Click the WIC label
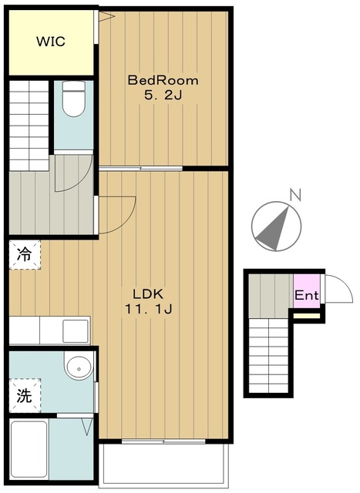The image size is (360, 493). (x=50, y=42)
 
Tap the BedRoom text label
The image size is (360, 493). (x=163, y=80)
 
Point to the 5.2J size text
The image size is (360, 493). (x=163, y=96)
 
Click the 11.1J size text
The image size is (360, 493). (x=149, y=310)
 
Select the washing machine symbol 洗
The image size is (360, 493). (x=25, y=397)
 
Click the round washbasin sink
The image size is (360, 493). (x=77, y=368)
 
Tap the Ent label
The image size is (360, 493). (x=306, y=294)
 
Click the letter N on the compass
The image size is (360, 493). (x=294, y=196)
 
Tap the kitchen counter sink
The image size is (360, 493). (x=76, y=331)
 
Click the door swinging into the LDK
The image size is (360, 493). (x=116, y=213)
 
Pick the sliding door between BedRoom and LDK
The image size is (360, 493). (x=140, y=168)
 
